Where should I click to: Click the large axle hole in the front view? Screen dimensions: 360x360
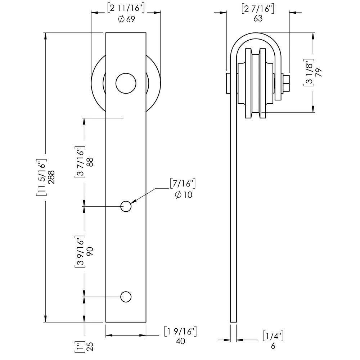[x=126, y=83]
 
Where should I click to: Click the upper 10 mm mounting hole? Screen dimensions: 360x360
[x=126, y=206]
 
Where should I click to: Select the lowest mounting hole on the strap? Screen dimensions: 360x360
[x=126, y=297]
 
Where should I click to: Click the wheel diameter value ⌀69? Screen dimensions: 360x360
[x=126, y=19]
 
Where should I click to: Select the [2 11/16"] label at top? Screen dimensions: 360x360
[x=126, y=7]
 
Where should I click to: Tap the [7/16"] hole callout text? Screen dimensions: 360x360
[x=183, y=183]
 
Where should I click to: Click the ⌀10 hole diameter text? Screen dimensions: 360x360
[x=183, y=195]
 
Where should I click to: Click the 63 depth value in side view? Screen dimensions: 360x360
[x=258, y=19]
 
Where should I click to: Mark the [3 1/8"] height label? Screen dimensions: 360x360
[x=308, y=72]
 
